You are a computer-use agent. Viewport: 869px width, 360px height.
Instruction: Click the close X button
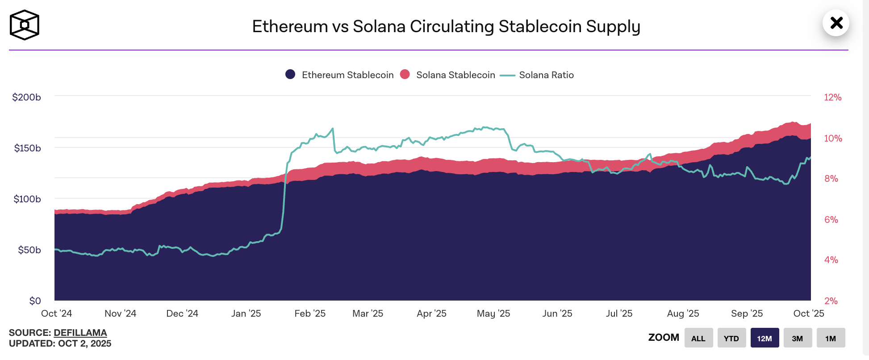836,23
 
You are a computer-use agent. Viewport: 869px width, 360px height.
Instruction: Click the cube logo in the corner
25,25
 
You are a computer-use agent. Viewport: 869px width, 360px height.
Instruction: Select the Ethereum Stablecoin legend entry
340,75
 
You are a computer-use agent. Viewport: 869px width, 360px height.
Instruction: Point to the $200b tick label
26,97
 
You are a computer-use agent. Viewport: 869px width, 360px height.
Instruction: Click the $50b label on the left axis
29,250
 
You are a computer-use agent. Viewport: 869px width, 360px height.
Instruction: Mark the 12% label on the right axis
832,97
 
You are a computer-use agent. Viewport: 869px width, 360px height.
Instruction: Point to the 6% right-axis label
831,220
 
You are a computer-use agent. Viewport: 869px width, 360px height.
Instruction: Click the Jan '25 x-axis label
246,314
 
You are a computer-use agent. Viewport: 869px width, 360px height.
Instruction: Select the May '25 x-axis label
493,314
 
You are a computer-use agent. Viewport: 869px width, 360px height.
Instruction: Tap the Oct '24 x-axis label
57,314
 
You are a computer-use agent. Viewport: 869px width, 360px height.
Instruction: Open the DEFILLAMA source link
80,333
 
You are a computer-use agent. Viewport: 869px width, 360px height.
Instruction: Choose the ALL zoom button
698,338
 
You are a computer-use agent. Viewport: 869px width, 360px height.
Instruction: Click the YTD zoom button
731,338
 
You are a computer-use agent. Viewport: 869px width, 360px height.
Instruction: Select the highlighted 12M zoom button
765,338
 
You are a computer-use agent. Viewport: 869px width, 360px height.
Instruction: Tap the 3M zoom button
798,338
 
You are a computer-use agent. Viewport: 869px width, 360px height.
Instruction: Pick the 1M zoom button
831,338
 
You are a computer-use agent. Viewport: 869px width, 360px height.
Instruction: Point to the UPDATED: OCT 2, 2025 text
60,343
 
